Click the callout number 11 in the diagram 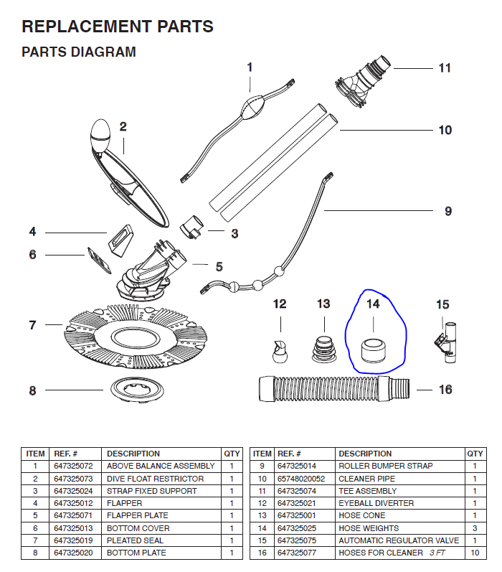pyautogui.click(x=445, y=68)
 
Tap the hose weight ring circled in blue pyautogui.click(x=373, y=347)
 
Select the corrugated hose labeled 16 pyautogui.click(x=334, y=389)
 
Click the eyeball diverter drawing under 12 pyautogui.click(x=280, y=350)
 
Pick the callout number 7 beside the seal pyautogui.click(x=32, y=325)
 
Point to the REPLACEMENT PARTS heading pyautogui.click(x=118, y=27)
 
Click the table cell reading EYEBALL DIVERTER pyautogui.click(x=376, y=503)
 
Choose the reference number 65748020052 pyautogui.click(x=301, y=479)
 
